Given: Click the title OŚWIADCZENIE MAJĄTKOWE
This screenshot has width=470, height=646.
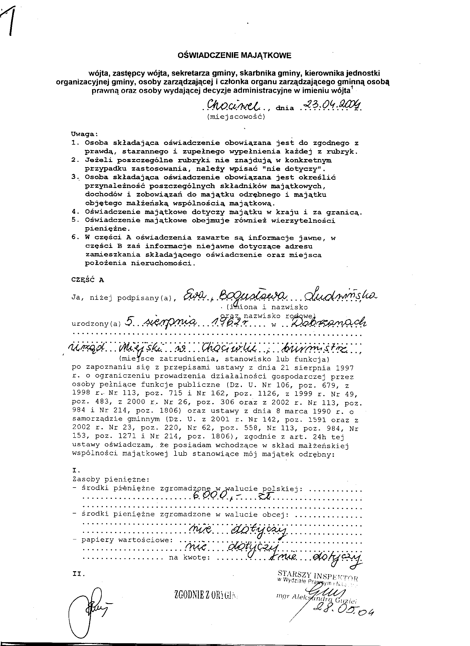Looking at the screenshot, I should pos(234,55).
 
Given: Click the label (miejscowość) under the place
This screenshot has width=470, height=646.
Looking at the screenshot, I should pos(236,117).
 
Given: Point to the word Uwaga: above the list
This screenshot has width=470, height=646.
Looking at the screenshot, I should pos(84,134).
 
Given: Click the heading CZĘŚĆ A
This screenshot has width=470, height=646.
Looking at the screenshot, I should pos(88,280).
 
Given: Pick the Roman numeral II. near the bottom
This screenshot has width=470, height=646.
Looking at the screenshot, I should pos(79,574).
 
